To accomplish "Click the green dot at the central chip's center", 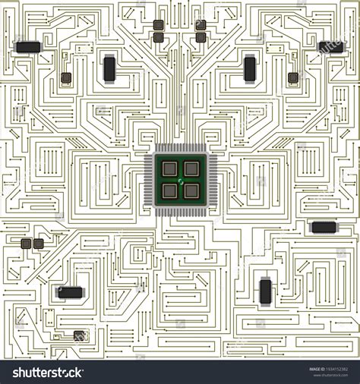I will [181, 181].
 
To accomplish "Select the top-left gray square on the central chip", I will [170, 169].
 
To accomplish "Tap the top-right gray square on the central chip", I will [191, 169].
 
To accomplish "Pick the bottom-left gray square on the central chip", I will [170, 191].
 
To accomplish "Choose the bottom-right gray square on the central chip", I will [191, 191].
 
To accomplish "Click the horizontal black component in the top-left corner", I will [28, 47].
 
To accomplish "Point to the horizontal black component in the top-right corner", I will [331, 47].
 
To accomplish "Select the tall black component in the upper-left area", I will [109, 68].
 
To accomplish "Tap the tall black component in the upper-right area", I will [250, 68].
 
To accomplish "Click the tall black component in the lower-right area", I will [265, 291].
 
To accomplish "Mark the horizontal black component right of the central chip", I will [324, 227].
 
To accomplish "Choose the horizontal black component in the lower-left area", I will [70, 292].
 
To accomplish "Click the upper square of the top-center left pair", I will [158, 25].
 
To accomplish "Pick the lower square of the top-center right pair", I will [201, 37].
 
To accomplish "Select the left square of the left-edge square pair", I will [27, 244].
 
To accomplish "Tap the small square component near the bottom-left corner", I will [79, 335].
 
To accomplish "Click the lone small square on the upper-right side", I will [293, 77].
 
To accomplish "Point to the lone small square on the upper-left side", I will [66, 77].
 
